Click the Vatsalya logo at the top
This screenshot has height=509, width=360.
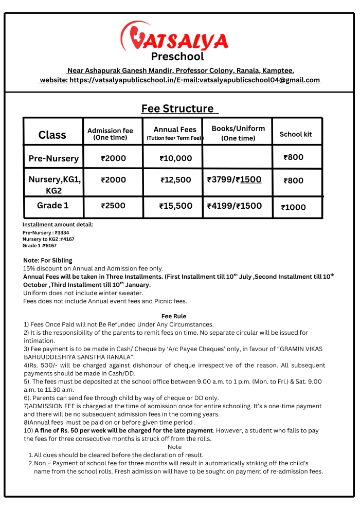click(x=175, y=38)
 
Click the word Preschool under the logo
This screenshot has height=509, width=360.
click(x=177, y=57)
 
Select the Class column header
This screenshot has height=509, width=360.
click(x=52, y=135)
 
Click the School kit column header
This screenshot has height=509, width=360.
click(x=296, y=134)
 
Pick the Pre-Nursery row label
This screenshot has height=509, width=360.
click(x=53, y=158)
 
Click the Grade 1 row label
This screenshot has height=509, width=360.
click(x=52, y=206)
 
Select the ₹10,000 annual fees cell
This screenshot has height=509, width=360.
click(x=176, y=158)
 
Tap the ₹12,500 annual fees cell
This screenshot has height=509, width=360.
click(x=176, y=180)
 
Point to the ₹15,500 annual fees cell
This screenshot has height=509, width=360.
click(x=176, y=206)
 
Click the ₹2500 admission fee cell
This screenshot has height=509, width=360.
click(x=113, y=206)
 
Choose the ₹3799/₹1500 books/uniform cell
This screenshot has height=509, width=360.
click(x=234, y=179)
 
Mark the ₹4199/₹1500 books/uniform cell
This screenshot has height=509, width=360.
click(x=234, y=206)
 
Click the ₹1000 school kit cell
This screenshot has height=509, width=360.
click(x=294, y=207)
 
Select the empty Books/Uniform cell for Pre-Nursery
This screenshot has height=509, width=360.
click(x=237, y=157)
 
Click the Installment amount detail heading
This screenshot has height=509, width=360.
click(x=58, y=224)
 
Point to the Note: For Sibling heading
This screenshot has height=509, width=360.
click(x=48, y=260)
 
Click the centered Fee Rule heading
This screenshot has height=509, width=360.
click(x=174, y=316)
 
